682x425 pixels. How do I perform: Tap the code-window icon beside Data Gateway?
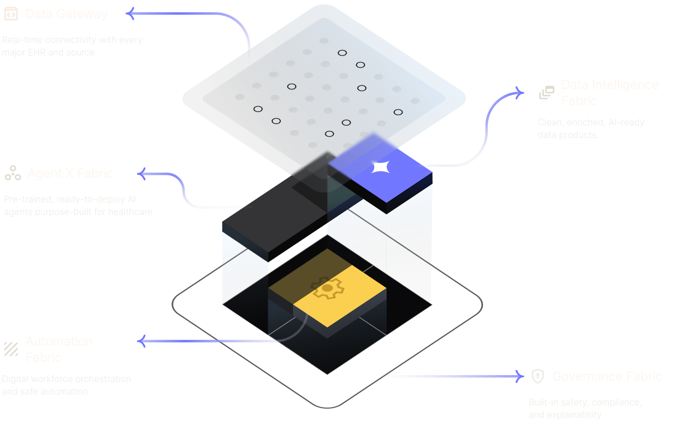click(11, 14)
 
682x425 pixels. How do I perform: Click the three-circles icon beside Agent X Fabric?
click(13, 173)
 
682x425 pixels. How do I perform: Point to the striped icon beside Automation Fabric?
click(11, 349)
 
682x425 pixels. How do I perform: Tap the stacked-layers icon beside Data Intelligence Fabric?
click(547, 92)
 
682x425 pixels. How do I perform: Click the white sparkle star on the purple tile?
click(380, 167)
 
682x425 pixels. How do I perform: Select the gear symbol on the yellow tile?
click(327, 288)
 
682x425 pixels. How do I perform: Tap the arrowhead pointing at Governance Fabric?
click(520, 376)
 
